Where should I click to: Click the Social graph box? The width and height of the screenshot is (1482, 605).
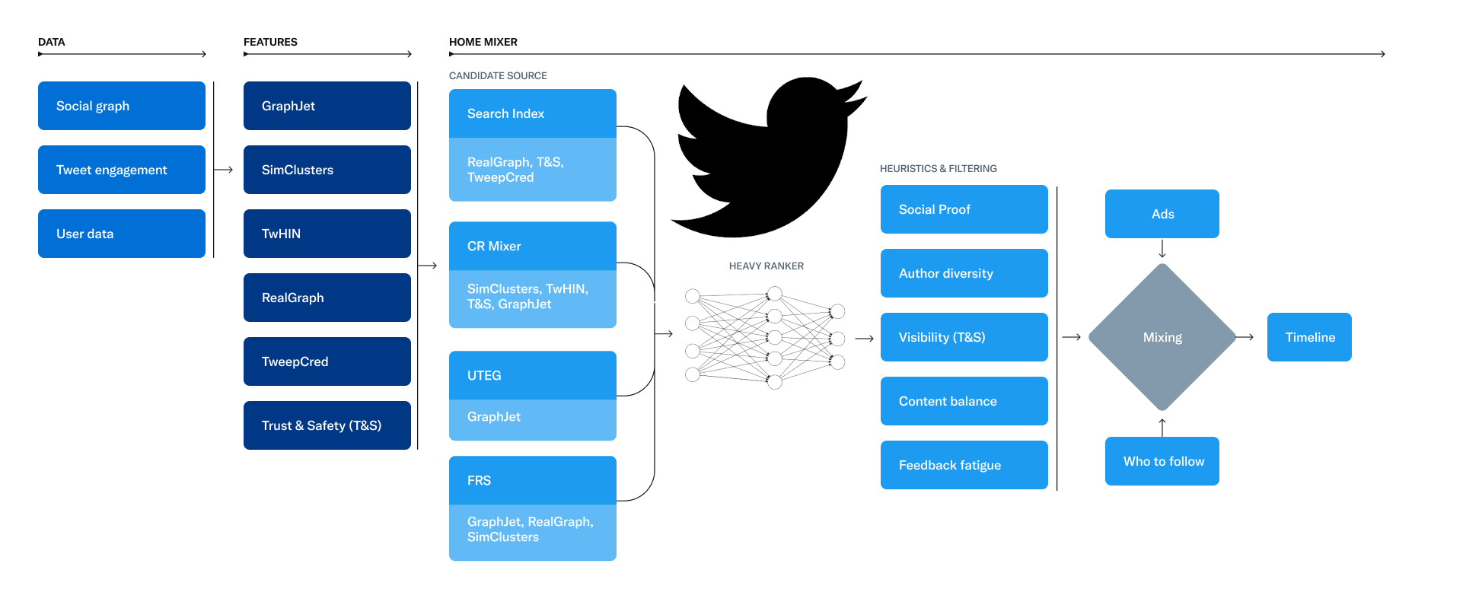pyautogui.click(x=122, y=106)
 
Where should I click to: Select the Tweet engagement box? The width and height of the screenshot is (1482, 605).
pyautogui.click(x=122, y=170)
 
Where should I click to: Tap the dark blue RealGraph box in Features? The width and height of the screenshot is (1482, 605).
pyautogui.click(x=327, y=298)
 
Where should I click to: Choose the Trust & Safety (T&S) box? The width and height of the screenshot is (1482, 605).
pyautogui.click(x=327, y=425)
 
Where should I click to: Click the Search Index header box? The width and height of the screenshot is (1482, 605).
pyautogui.click(x=533, y=113)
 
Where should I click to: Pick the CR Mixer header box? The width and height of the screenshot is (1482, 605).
pyautogui.click(x=533, y=246)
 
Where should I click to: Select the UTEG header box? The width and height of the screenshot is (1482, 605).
pyautogui.click(x=533, y=375)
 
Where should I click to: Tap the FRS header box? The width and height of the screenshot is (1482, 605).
pyautogui.click(x=533, y=480)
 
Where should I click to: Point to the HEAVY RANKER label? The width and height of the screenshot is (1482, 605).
pyautogui.click(x=766, y=266)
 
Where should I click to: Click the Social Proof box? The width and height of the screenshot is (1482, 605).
pyautogui.click(x=964, y=209)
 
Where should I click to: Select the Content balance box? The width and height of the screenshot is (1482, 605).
pyautogui.click(x=964, y=401)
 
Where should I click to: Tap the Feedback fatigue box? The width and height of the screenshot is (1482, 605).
pyautogui.click(x=964, y=465)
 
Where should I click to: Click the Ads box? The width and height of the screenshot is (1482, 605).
pyautogui.click(x=1162, y=214)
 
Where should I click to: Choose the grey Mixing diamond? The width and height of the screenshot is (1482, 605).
pyautogui.click(x=1162, y=337)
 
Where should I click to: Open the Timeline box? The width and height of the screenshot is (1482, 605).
pyautogui.click(x=1309, y=337)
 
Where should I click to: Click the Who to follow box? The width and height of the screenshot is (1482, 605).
pyautogui.click(x=1162, y=461)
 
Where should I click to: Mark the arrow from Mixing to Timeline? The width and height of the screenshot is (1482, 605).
pyautogui.click(x=1245, y=337)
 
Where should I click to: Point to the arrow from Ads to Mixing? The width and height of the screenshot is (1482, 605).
pyautogui.click(x=1162, y=250)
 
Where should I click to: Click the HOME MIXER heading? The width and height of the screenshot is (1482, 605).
pyautogui.click(x=483, y=42)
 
